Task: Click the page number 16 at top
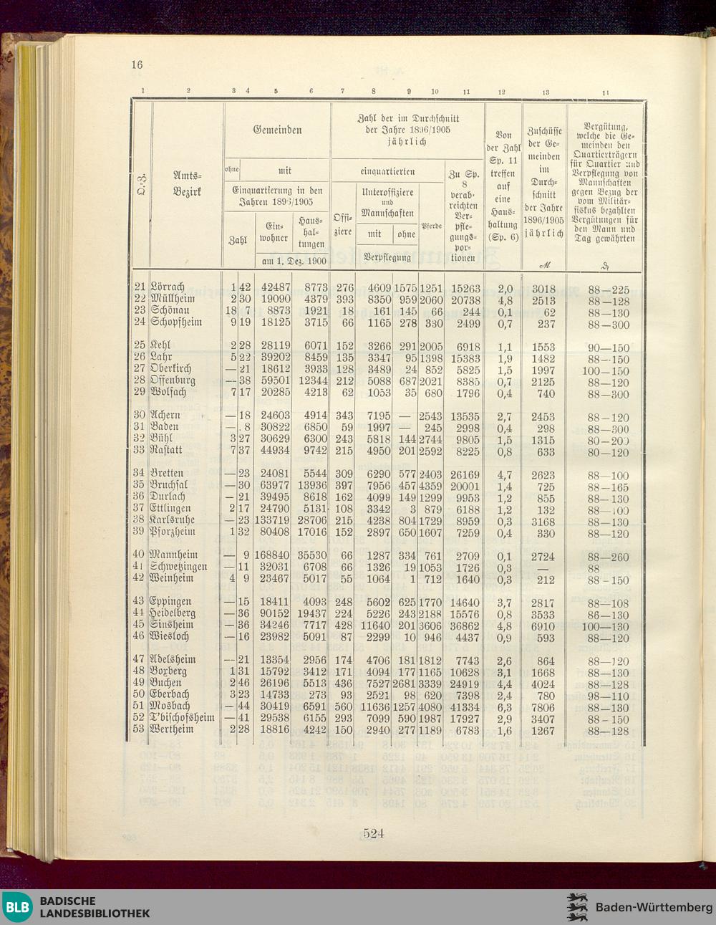coord(137,64)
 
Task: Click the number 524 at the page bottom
coord(374,833)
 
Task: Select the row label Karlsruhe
coord(172,520)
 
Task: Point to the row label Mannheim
coord(174,555)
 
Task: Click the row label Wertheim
coord(172,729)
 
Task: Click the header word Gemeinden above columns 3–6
coord(277,130)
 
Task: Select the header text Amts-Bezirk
coord(188,183)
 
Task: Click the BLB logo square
coord(17,907)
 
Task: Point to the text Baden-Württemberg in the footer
coord(653,907)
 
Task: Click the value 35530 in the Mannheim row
coord(312,555)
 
